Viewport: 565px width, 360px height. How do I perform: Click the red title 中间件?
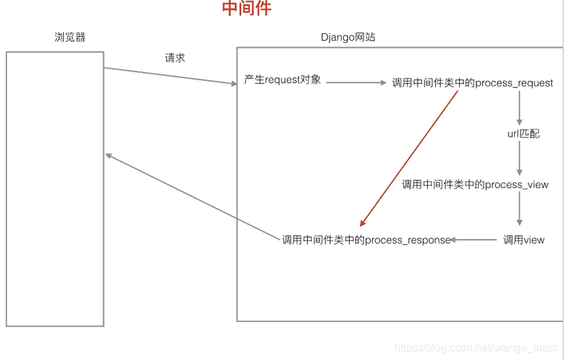click(x=247, y=9)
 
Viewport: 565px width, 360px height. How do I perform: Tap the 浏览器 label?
click(x=70, y=37)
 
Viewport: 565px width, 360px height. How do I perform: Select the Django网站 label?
click(x=348, y=37)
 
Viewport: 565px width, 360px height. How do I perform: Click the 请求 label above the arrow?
click(x=175, y=58)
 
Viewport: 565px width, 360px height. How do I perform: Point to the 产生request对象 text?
click(x=282, y=80)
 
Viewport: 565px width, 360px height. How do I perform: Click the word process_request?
click(x=514, y=83)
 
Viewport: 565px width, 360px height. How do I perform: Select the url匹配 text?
click(x=524, y=134)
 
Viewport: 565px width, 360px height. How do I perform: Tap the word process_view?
click(x=516, y=184)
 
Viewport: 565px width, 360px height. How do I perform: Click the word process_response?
click(x=408, y=240)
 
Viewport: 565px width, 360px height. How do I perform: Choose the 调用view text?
click(x=524, y=240)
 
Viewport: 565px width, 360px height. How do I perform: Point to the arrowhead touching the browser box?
click(x=109, y=156)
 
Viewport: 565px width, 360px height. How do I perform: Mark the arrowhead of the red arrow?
click(x=363, y=223)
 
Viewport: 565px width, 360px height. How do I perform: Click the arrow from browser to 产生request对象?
click(x=170, y=76)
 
